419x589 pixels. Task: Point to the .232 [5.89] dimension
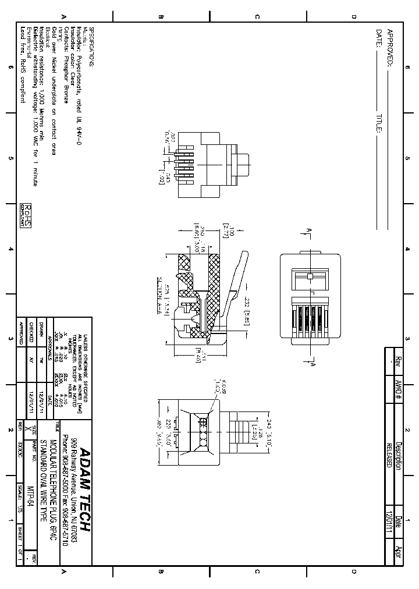247,304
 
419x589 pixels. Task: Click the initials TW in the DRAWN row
41,361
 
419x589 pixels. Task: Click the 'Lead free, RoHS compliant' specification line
23,65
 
